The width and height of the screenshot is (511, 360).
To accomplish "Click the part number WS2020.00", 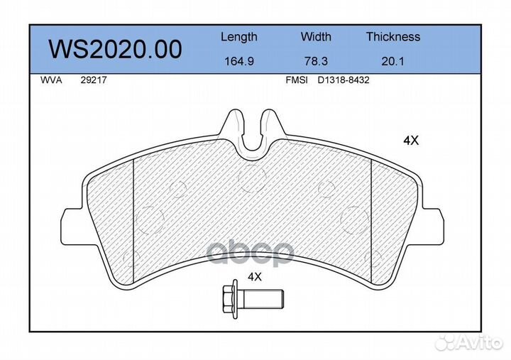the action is [115, 50].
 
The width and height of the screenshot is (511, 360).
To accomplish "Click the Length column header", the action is [239, 37].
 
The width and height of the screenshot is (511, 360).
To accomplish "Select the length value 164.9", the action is [239, 61].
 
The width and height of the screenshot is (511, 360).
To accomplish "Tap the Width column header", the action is [316, 36].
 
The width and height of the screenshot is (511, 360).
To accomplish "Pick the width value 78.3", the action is [316, 61].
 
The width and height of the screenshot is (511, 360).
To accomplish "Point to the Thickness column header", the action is [393, 36].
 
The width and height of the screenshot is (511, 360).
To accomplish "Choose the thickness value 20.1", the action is [392, 61].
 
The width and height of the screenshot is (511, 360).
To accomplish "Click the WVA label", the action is [51, 80].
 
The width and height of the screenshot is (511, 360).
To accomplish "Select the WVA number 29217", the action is [94, 80].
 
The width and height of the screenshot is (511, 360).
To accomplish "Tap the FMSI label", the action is [297, 80].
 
